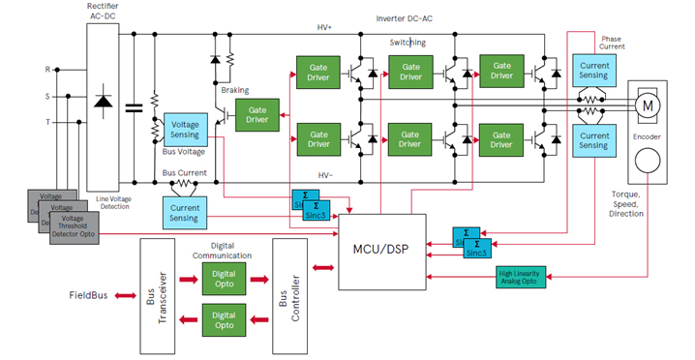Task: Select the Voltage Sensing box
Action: click(184, 132)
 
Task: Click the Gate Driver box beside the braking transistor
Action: click(257, 112)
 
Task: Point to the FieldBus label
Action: click(93, 294)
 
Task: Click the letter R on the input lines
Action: click(47, 70)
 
